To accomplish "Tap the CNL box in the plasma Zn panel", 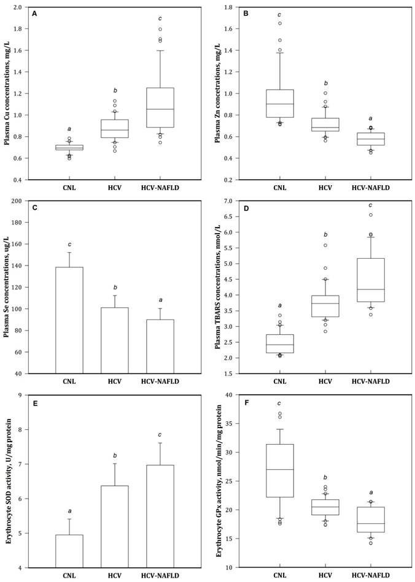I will point(279,103).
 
